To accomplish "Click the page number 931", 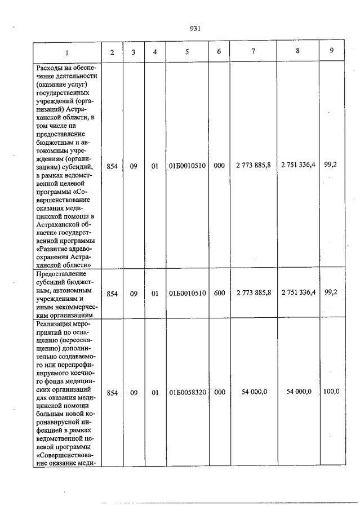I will click(x=195, y=29).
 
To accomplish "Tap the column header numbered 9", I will click(x=331, y=51).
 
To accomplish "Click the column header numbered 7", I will click(x=253, y=52).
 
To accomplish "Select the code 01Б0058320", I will click(x=187, y=393).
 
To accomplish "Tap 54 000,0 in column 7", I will click(x=254, y=392).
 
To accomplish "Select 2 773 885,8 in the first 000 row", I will click(x=254, y=165).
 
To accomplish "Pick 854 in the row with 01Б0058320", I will click(x=112, y=393).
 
